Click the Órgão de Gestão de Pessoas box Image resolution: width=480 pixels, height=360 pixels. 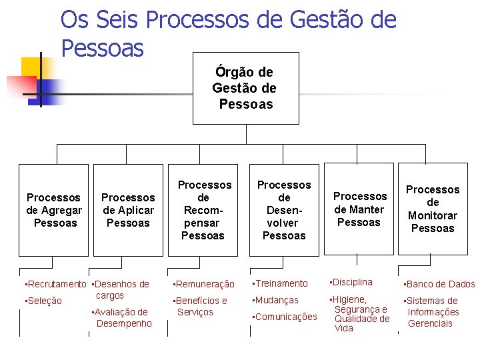pos(245,88)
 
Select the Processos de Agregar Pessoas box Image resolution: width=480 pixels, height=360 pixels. pos(53,210)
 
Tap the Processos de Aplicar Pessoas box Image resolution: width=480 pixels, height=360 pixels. pos(128,210)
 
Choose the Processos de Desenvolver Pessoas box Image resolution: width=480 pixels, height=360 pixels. pos(284,210)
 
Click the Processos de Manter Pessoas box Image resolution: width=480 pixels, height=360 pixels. pos(359,209)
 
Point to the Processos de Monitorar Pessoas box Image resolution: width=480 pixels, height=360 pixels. pos(433,209)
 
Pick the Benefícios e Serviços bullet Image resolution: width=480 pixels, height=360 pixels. pos(201,307)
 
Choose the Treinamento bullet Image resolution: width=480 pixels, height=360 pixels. pos(281,284)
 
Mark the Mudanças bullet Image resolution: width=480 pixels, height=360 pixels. pos(276,301)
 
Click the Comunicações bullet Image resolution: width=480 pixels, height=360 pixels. pos(285,317)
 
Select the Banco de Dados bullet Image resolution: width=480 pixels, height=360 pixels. pos(440,285)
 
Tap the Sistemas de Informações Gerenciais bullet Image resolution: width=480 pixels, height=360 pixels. pos(433,312)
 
